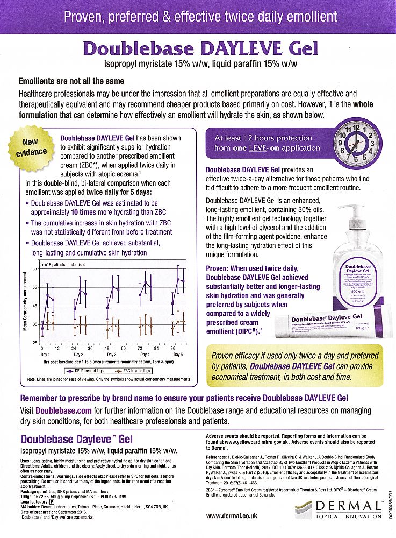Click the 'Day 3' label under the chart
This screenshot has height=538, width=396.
tap(112, 355)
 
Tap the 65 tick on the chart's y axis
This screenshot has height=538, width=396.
tap(35, 268)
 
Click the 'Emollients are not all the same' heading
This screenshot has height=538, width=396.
tap(71, 81)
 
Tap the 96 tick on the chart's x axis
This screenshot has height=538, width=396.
tap(174, 348)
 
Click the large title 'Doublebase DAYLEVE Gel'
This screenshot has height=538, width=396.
tap(198, 48)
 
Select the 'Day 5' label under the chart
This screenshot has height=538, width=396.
tap(178, 355)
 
